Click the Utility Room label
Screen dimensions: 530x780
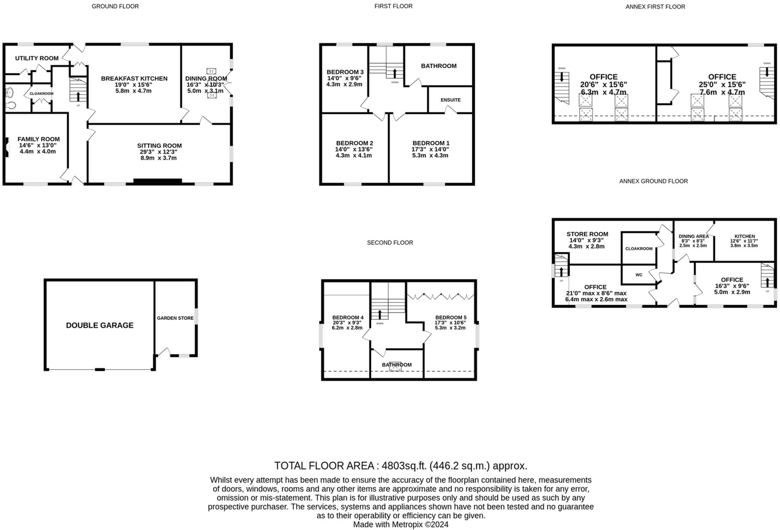point(37,58)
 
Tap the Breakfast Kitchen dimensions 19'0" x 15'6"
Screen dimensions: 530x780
point(134,85)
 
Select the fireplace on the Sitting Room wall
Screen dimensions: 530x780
point(158,181)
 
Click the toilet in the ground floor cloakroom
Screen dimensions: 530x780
point(11,105)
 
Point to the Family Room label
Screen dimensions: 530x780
point(38,139)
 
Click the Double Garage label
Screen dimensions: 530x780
point(100,325)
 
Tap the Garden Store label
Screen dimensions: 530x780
point(175,318)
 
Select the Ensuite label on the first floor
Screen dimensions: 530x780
point(450,100)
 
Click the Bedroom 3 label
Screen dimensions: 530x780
point(345,72)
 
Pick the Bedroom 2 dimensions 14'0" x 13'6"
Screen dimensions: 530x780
point(354,149)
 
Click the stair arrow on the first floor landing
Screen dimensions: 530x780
point(395,73)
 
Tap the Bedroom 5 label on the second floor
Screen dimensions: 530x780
point(451,317)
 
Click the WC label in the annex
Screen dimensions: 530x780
point(639,275)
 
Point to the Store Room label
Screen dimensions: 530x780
point(587,234)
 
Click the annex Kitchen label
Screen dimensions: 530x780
point(744,236)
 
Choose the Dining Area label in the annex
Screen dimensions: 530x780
point(693,236)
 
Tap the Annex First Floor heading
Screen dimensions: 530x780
point(655,6)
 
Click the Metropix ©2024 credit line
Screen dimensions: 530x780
point(401,524)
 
